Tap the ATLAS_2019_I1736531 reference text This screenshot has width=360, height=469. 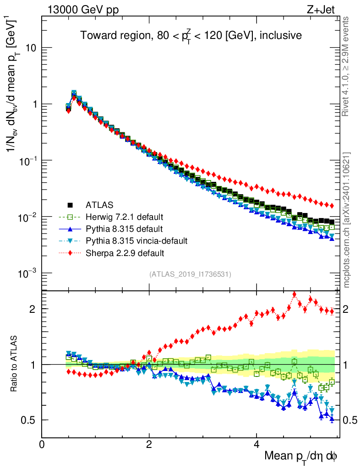coord(190,274)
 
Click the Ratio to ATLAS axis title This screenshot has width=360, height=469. coord(14,365)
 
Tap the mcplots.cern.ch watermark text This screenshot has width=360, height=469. coord(347,220)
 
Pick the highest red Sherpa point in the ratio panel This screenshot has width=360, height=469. coord(294,294)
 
